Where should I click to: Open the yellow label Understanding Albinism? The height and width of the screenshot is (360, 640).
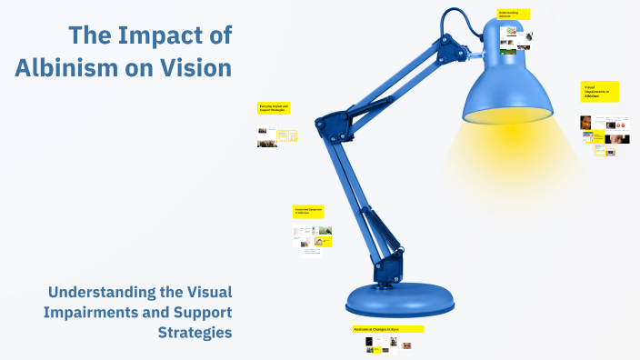[514, 15]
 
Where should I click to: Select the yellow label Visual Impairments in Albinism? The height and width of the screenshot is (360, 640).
[600, 91]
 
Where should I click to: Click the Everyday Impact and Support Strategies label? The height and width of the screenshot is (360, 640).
[274, 108]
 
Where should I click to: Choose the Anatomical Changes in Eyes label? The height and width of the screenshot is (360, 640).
[387, 328]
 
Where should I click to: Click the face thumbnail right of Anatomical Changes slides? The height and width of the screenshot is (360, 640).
[407, 345]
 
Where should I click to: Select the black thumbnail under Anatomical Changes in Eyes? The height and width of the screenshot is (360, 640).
[369, 342]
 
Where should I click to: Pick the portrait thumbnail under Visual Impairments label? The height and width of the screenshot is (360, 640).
[587, 122]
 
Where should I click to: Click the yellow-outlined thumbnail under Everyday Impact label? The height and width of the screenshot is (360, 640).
[287, 136]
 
